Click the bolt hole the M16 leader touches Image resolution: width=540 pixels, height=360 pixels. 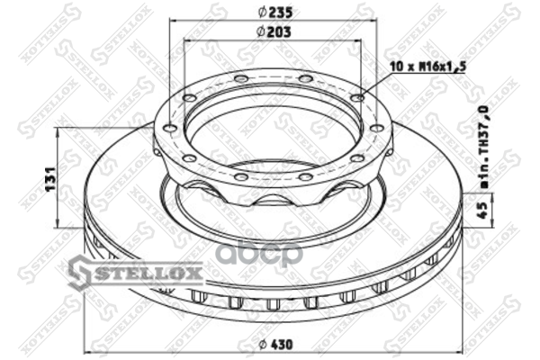(x=358, y=98)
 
